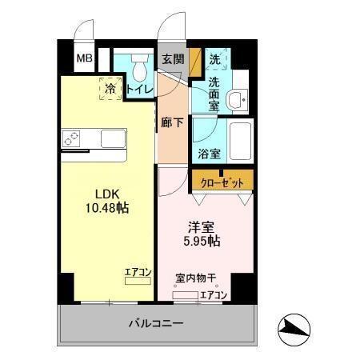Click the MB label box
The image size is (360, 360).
tap(83, 58)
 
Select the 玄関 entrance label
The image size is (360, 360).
tap(173, 59)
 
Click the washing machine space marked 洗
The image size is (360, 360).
tap(214, 59)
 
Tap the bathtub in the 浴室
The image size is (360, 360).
tap(239, 142)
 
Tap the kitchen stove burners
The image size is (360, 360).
tap(71, 138)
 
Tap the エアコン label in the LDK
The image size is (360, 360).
tap(138, 272)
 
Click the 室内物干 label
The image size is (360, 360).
tap(196, 278)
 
